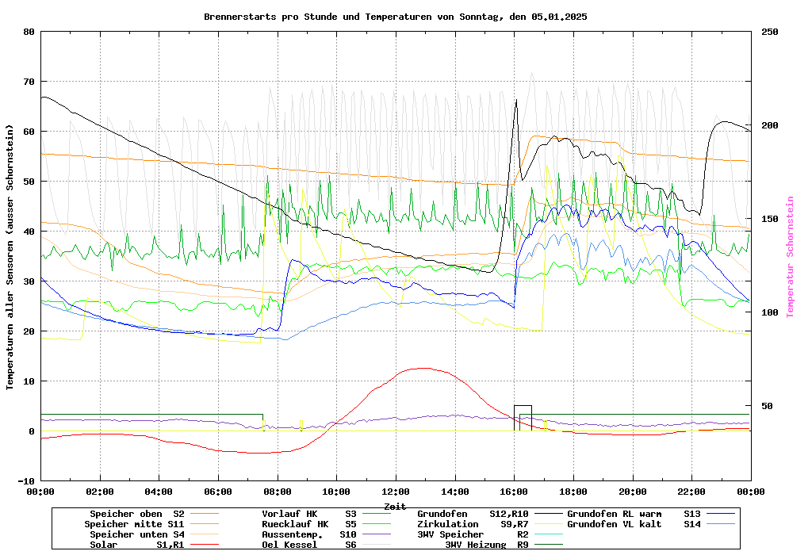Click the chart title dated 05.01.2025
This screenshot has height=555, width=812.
(x=395, y=16)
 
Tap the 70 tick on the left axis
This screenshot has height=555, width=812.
(x=29, y=82)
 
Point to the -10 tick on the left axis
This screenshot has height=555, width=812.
(x=26, y=481)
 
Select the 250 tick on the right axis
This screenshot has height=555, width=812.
(x=770, y=32)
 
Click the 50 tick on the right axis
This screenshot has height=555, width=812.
(x=767, y=406)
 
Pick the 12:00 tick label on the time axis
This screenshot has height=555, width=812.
(x=396, y=492)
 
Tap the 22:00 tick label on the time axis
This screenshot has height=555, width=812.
(x=691, y=492)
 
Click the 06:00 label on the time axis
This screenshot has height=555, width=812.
(x=218, y=492)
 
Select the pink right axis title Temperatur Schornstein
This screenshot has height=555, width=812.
(x=790, y=257)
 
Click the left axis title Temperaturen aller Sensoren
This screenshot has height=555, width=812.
(x=10, y=257)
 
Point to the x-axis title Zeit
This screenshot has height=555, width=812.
(x=395, y=506)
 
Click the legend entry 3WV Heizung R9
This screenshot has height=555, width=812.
(x=487, y=545)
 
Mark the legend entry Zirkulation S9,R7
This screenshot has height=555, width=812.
(x=473, y=524)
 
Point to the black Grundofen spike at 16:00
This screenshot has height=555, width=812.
(x=516, y=101)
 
